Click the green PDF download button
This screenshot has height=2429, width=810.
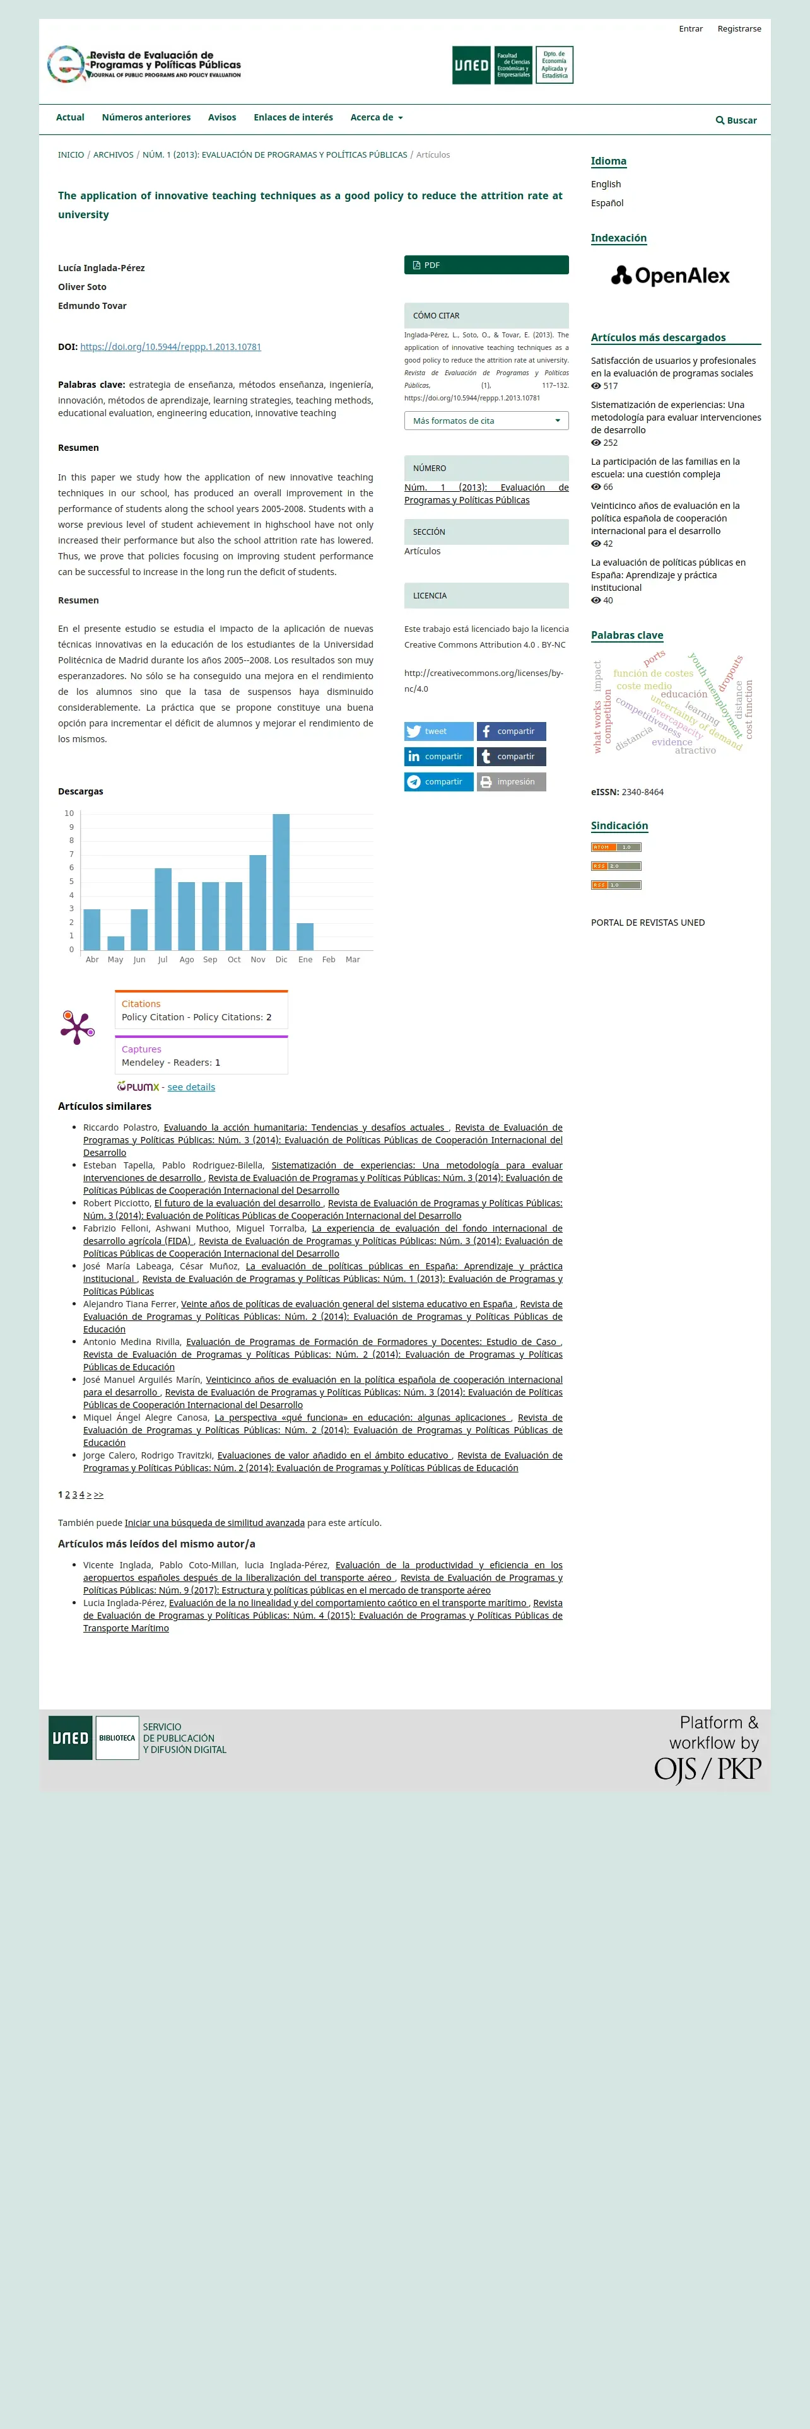click(486, 265)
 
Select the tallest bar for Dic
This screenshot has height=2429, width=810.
click(281, 881)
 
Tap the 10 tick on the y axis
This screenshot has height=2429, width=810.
click(69, 813)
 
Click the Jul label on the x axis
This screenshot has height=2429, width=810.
click(162, 959)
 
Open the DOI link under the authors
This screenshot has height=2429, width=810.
click(171, 347)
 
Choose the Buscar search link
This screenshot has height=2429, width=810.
click(736, 120)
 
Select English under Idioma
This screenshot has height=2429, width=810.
click(606, 184)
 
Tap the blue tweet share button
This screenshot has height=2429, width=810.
click(438, 731)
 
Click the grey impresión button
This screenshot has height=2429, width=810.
click(510, 782)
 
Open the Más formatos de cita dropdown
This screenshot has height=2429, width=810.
click(486, 421)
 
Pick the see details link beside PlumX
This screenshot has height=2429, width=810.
click(191, 1087)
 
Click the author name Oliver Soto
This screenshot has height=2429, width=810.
click(82, 287)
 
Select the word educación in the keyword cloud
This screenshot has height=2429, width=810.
click(684, 694)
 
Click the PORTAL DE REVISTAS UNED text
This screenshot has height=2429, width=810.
click(648, 922)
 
